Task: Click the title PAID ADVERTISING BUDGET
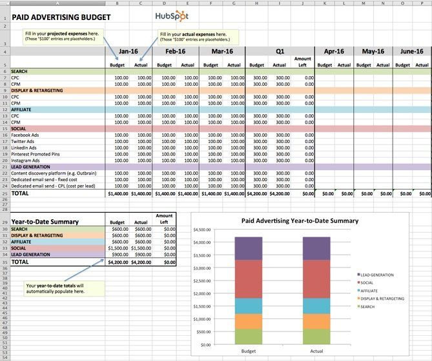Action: [56, 17]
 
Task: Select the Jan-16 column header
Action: [129, 51]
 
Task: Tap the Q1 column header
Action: [280, 51]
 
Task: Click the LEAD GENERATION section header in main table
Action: [32, 166]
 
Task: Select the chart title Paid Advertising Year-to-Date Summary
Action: [300, 220]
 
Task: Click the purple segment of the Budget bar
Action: [249, 248]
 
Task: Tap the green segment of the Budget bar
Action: [249, 337]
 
